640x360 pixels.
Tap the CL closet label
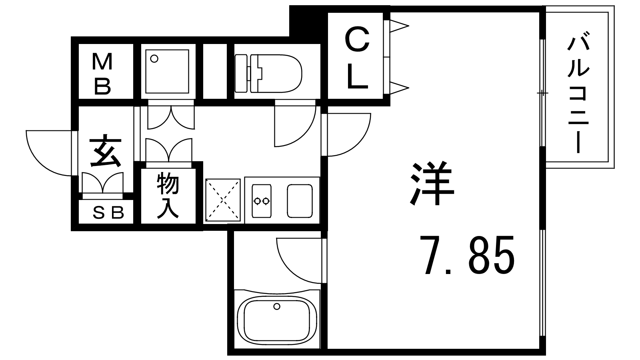pyautogui.click(x=357, y=59)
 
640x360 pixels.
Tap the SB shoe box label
pyautogui.click(x=108, y=214)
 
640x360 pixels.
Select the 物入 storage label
pyautogui.click(x=168, y=195)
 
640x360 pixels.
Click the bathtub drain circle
pyautogui.click(x=276, y=307)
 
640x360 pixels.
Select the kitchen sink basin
pyautogui.click(x=300, y=200)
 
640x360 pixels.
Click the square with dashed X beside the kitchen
pyautogui.click(x=223, y=200)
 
